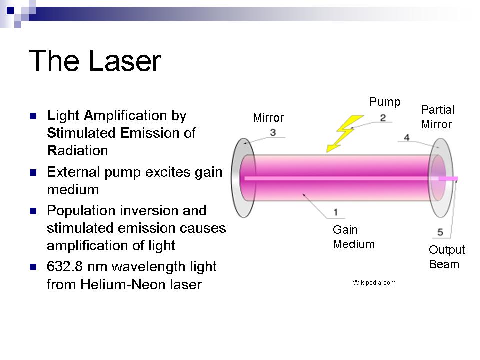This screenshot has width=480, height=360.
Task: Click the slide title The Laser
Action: click(x=95, y=60)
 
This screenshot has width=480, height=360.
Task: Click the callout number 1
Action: click(x=336, y=212)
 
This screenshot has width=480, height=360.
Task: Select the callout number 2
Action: click(x=383, y=118)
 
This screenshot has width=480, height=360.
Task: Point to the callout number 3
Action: click(x=273, y=132)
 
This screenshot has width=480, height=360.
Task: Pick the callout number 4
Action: click(x=407, y=138)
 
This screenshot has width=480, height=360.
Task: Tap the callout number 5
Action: click(x=440, y=232)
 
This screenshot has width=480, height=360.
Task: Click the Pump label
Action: click(x=385, y=102)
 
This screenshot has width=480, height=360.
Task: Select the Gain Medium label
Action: click(x=354, y=237)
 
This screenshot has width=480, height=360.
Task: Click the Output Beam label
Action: click(x=447, y=257)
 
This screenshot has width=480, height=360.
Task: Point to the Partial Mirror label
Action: click(x=438, y=117)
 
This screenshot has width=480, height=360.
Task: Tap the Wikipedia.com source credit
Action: click(x=374, y=282)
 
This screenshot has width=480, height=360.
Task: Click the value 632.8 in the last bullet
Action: click(x=65, y=266)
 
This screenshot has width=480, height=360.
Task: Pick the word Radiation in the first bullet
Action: click(x=78, y=150)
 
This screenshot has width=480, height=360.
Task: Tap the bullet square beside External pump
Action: click(x=33, y=172)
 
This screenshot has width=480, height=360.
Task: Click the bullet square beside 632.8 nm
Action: click(x=33, y=267)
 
